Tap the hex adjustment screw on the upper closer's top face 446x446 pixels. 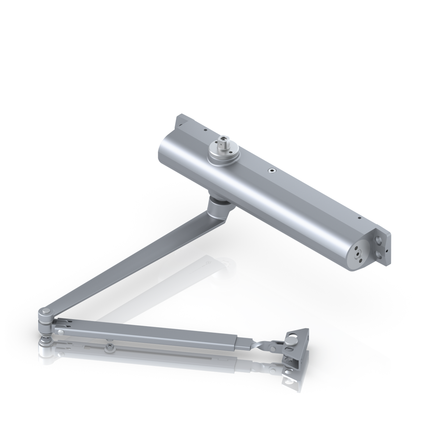271,170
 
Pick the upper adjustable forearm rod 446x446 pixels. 147,332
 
